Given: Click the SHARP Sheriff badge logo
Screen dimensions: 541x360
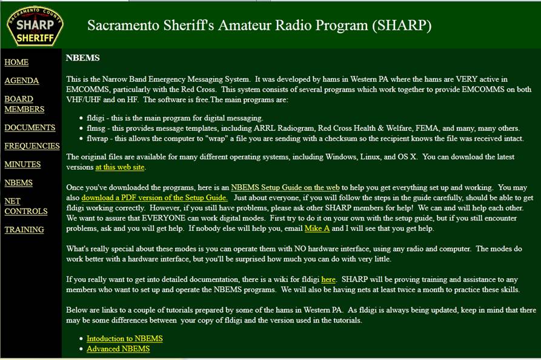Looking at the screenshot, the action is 35,27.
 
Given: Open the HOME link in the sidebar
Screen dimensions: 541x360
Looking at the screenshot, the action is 16,62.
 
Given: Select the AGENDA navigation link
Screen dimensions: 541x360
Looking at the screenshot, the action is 21,81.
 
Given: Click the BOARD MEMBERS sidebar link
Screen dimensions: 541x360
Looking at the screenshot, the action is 24,104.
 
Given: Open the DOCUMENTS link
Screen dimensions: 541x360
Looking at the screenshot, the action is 30,128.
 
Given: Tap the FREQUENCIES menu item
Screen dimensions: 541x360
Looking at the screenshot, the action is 32,146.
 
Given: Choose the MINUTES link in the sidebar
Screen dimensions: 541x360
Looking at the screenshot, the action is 22,164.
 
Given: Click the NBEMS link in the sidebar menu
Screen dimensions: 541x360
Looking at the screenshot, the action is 19,182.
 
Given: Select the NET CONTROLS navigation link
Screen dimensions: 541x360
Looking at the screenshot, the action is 26,206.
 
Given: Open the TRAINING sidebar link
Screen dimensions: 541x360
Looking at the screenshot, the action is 24,230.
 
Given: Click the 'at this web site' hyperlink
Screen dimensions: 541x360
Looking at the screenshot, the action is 120,167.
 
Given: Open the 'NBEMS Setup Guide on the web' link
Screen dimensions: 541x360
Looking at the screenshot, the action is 285,187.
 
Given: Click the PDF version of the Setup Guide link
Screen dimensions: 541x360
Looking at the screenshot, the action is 154,198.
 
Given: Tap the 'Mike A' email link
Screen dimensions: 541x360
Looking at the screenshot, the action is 317,228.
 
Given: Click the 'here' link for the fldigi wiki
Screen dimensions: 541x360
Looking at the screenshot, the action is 328,279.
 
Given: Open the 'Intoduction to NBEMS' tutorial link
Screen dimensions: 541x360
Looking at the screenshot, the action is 125,339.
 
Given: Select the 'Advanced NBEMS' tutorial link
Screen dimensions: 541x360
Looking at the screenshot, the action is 118,349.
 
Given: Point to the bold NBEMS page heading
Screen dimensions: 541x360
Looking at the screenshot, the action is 82,58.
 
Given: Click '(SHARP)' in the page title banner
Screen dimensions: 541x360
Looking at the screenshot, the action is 402,25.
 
